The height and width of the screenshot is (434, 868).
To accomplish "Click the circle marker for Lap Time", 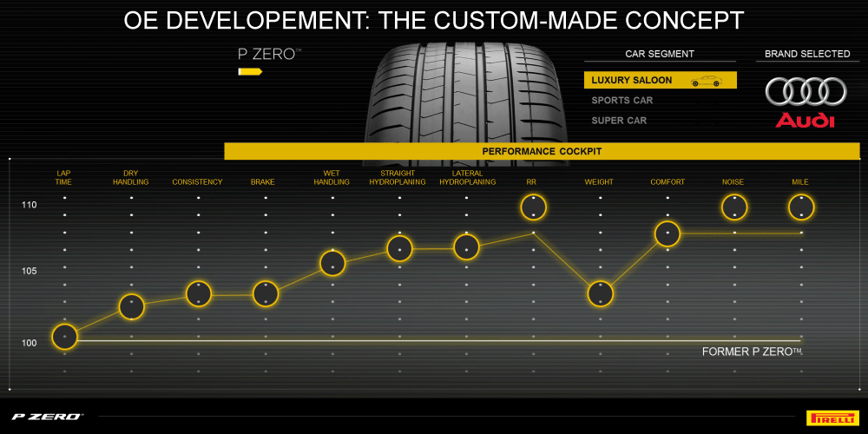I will pyautogui.click(x=65, y=336).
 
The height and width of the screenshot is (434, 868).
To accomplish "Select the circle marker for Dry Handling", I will pyautogui.click(x=131, y=306).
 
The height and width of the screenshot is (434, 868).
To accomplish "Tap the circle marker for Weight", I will pyautogui.click(x=600, y=293).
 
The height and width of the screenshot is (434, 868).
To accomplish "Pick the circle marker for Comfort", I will pyautogui.click(x=667, y=233).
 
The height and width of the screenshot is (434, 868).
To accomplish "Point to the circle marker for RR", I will pyautogui.click(x=533, y=207).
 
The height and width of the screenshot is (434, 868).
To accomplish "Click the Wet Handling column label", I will pyautogui.click(x=332, y=178).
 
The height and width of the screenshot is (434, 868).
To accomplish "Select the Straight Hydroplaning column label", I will pyautogui.click(x=398, y=178).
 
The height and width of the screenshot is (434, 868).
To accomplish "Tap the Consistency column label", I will pyautogui.click(x=197, y=182).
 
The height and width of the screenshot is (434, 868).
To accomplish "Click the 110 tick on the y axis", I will pyautogui.click(x=30, y=205).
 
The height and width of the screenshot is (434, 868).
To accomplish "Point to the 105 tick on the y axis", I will pyautogui.click(x=30, y=272).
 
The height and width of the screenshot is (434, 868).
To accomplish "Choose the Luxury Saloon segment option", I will pyautogui.click(x=632, y=80).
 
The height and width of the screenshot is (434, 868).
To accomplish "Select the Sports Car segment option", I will pyautogui.click(x=622, y=100).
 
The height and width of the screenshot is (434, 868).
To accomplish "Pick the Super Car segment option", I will pyautogui.click(x=619, y=120).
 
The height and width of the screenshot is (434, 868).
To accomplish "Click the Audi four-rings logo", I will pyautogui.click(x=806, y=91).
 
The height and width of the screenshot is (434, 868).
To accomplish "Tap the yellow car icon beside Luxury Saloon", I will pyautogui.click(x=706, y=81).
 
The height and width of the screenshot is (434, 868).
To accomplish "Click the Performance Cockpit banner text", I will pyautogui.click(x=542, y=151).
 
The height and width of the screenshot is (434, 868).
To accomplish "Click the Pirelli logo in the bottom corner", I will pyautogui.click(x=832, y=417).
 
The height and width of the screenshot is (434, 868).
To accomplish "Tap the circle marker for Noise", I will pyautogui.click(x=734, y=207).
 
